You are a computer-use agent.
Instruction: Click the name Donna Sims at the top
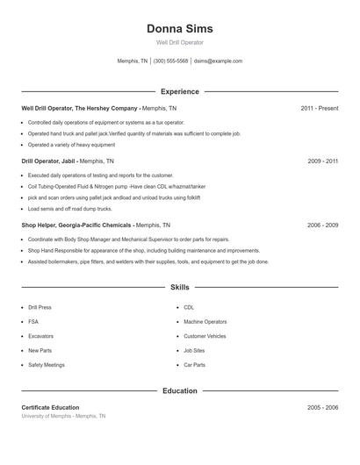point(179,28)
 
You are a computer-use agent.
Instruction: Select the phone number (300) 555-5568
point(170,61)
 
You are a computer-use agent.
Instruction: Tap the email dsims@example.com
point(218,61)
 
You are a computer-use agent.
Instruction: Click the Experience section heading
point(179,91)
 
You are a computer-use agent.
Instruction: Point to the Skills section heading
point(179,287)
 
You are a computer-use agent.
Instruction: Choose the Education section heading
point(179,390)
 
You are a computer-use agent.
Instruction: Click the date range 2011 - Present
point(319,108)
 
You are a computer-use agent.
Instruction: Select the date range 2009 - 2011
point(322,161)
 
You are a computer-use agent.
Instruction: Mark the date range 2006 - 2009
point(322,225)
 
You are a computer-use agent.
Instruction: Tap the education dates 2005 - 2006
point(322,408)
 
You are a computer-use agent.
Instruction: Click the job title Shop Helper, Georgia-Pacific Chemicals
point(76,225)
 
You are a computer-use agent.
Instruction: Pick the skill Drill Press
point(40,308)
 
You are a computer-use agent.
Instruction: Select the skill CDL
point(189,308)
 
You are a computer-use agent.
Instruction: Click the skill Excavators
point(40,336)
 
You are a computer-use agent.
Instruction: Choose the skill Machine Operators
point(205,322)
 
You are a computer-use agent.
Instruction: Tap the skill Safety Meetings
point(47,364)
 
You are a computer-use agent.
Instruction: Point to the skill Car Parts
point(194,364)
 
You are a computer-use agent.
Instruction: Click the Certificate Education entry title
point(50,408)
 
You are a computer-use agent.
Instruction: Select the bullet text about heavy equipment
point(71,145)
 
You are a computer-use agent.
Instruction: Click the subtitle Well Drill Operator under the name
point(179,42)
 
